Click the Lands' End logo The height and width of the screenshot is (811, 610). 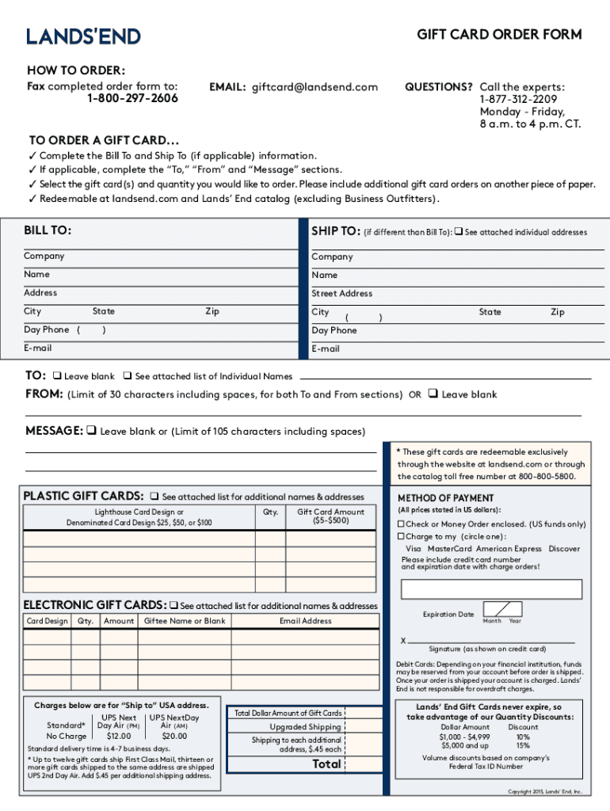(x=83, y=36)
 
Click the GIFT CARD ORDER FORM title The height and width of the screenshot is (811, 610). (x=499, y=34)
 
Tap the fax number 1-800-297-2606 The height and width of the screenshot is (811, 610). (x=132, y=98)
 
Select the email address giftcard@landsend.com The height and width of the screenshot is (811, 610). (x=315, y=87)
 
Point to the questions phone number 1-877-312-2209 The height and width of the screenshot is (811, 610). (x=517, y=99)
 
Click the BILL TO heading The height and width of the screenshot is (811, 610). (x=48, y=230)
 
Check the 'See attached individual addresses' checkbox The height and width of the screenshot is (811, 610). (x=458, y=232)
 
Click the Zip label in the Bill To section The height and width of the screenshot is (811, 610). (x=212, y=311)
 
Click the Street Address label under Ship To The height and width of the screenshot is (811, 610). (x=341, y=293)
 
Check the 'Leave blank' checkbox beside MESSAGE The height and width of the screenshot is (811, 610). (x=92, y=432)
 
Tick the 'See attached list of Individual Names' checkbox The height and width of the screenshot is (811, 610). (x=127, y=376)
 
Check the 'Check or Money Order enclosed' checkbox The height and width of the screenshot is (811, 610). (x=402, y=524)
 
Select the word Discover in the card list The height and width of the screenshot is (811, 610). (x=564, y=548)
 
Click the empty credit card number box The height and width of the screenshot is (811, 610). (x=491, y=590)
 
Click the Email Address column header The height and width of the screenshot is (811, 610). (x=305, y=621)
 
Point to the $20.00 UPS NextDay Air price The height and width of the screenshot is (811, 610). (x=174, y=736)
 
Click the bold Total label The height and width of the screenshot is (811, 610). (x=326, y=764)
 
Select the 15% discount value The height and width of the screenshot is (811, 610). (x=523, y=745)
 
